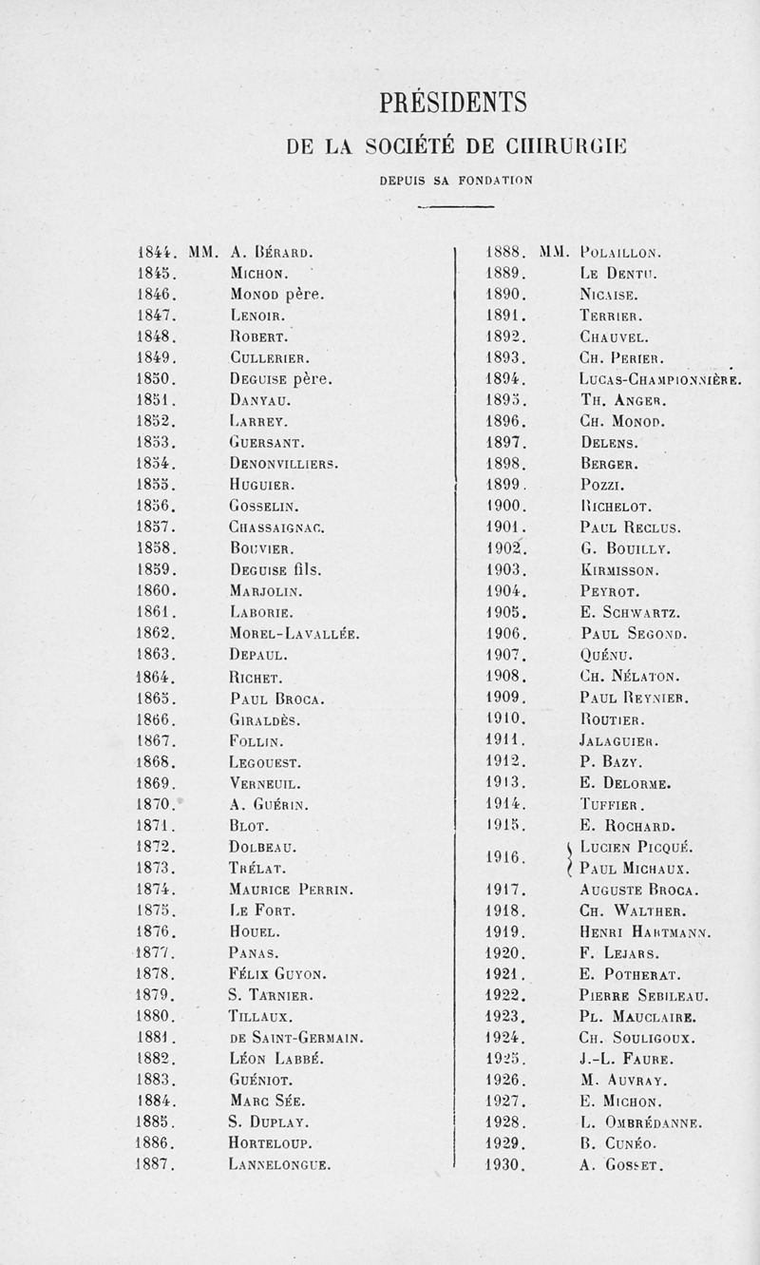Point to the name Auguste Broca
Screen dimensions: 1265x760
(637, 891)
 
